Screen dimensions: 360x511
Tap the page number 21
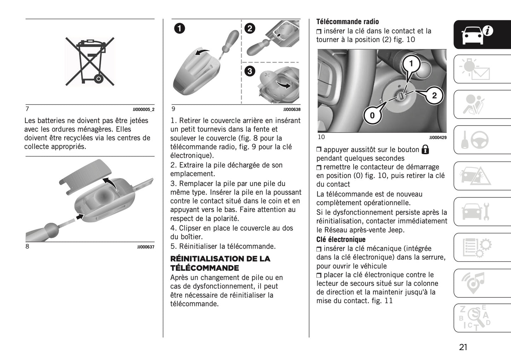pyautogui.click(x=463, y=347)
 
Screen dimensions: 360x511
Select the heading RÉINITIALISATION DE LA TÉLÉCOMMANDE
pyautogui.click(x=220, y=263)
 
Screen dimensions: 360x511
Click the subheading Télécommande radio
pyautogui.click(x=347, y=22)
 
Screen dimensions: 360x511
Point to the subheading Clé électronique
pyautogui.click(x=341, y=239)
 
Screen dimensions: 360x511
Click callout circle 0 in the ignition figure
pyautogui.click(x=372, y=115)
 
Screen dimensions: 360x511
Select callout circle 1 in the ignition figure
pyautogui.click(x=411, y=64)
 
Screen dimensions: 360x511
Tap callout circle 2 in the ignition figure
pyautogui.click(x=434, y=95)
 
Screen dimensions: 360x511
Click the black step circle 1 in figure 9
pyautogui.click(x=180, y=28)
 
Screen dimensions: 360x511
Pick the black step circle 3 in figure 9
pyautogui.click(x=250, y=71)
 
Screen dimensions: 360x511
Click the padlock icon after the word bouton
pyautogui.click(x=425, y=150)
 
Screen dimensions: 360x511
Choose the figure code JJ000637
pyautogui.click(x=146, y=247)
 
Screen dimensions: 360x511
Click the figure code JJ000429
pyautogui.click(x=438, y=138)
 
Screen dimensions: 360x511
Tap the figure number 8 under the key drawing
pyautogui.click(x=27, y=246)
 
